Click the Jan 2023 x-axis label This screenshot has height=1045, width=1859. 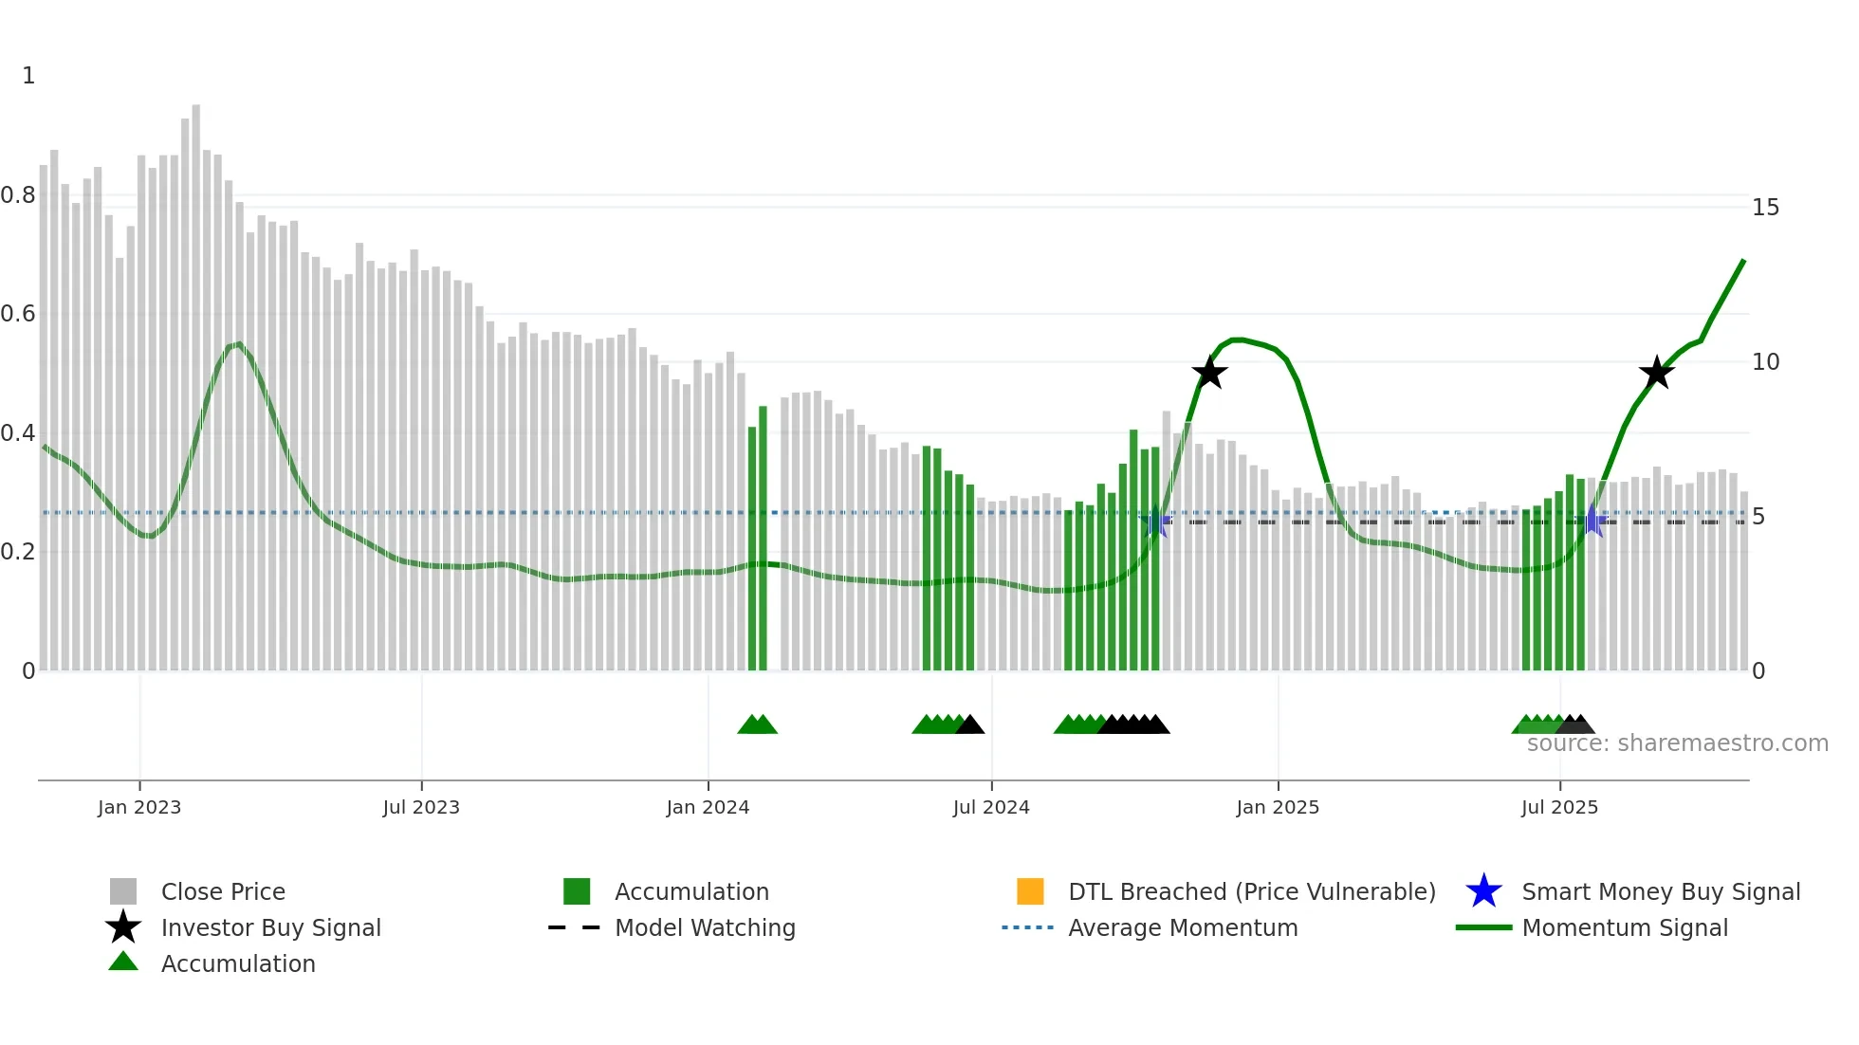click(x=138, y=807)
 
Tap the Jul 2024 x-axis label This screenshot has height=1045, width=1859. click(x=991, y=807)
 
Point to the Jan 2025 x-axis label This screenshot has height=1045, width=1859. click(x=1278, y=807)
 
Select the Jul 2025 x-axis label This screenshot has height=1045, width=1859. click(x=1559, y=807)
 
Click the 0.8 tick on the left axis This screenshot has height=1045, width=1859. click(x=18, y=195)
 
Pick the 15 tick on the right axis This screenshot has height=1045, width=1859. click(x=1765, y=208)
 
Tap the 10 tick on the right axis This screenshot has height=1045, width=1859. click(x=1765, y=362)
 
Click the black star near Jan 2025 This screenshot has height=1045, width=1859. click(x=1209, y=373)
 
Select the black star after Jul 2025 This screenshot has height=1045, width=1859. click(x=1657, y=373)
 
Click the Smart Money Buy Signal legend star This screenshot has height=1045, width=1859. click(x=1483, y=891)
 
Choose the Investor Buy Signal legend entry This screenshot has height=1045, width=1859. click(x=270, y=927)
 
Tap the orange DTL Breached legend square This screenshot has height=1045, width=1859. click(x=1030, y=891)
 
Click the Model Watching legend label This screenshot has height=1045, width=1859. click(x=705, y=927)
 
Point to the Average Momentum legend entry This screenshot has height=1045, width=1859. click(x=1183, y=927)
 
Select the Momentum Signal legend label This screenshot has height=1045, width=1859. click(x=1625, y=927)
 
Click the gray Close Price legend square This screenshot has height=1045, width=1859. click(x=123, y=891)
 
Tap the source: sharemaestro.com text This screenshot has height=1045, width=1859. click(x=1677, y=743)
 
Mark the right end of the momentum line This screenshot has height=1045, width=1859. click(x=1743, y=261)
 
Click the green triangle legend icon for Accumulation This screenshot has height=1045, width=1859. click(x=123, y=962)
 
